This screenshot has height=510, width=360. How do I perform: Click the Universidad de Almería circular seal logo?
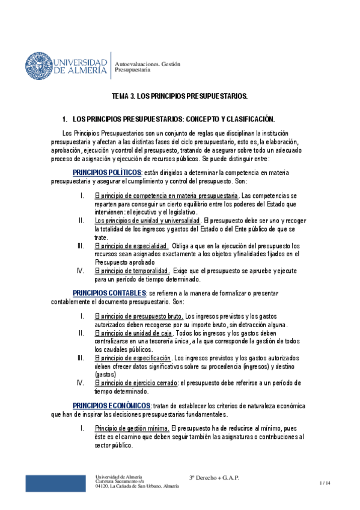click(x=38, y=64)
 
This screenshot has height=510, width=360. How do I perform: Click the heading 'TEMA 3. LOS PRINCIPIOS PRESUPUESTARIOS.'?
click(x=180, y=96)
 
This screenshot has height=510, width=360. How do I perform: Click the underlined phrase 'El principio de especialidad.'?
click(x=132, y=246)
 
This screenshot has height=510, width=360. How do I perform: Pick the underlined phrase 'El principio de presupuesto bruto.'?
click(x=139, y=316)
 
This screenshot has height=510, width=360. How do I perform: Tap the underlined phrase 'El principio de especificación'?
click(x=133, y=358)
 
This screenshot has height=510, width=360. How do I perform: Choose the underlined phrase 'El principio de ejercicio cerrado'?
click(x=136, y=382)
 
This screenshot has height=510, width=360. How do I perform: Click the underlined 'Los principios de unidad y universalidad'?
click(x=148, y=221)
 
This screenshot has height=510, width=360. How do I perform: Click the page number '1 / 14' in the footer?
click(x=325, y=482)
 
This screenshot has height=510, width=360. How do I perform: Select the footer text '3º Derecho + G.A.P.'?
click(x=214, y=478)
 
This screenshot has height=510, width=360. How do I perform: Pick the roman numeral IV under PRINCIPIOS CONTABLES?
click(x=81, y=382)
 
